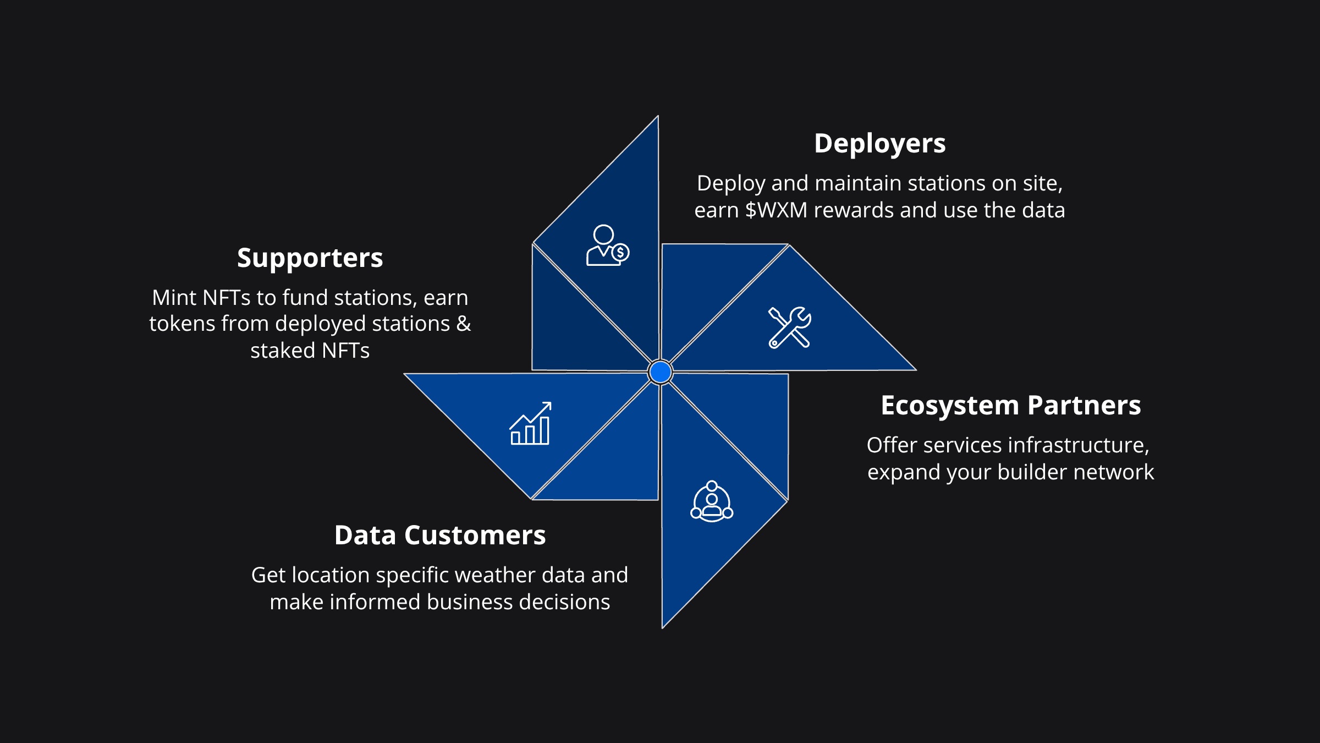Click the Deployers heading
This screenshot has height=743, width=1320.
[879, 144]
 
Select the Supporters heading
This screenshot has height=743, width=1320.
[310, 258]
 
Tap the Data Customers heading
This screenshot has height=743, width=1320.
[439, 536]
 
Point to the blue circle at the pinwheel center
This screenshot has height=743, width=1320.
[660, 372]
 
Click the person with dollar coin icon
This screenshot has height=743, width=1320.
[607, 245]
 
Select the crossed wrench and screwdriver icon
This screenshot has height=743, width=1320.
[790, 327]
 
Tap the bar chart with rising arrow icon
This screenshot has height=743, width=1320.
[530, 423]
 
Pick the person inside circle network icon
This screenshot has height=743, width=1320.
[712, 501]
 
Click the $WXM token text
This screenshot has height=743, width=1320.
[776, 210]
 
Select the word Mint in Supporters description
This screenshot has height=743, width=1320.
[174, 298]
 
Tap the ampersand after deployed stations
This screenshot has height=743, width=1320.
[464, 324]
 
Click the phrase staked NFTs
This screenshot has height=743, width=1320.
[310, 351]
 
